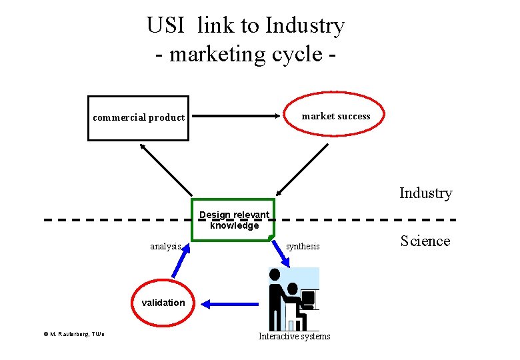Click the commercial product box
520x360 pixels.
pyautogui.click(x=138, y=118)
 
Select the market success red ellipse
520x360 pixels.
pyautogui.click(x=335, y=116)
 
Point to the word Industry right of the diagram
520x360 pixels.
pyautogui.click(x=425, y=193)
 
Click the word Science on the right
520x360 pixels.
pyautogui.click(x=425, y=241)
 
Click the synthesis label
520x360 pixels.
pyautogui.click(x=303, y=246)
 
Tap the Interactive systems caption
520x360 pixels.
pyautogui.click(x=294, y=336)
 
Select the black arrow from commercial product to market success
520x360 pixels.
pyautogui.click(x=237, y=116)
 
